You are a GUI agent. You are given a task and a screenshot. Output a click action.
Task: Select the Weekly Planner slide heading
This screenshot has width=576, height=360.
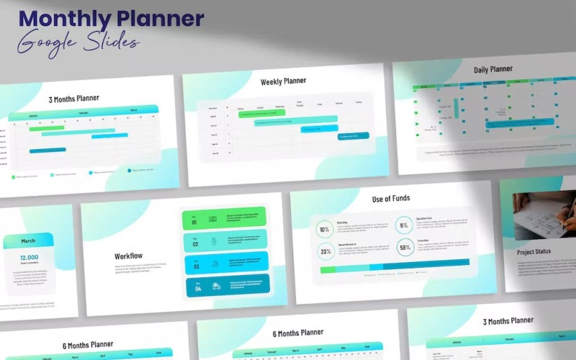click(283, 82)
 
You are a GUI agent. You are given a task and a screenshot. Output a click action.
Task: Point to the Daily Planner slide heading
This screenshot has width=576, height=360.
click(493, 70)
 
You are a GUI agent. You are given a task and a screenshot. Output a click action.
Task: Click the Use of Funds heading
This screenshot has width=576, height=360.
click(392, 199)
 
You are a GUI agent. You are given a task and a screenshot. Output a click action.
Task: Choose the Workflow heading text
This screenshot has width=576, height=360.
click(129, 256)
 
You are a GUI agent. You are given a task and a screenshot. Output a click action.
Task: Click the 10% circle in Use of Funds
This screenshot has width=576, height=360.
click(325, 230)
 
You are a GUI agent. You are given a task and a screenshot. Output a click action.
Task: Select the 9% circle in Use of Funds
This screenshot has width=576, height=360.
click(404, 225)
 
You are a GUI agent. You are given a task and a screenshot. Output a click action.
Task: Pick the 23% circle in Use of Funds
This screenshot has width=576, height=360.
click(325, 251)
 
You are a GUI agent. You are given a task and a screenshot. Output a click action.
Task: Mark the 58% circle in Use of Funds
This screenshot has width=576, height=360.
click(405, 247)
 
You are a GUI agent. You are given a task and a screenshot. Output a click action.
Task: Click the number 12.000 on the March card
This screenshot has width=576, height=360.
click(29, 257)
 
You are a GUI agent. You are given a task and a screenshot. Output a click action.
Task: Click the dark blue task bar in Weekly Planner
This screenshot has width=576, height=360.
click(353, 135)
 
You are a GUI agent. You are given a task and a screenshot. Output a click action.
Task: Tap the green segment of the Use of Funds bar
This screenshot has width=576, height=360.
click(328, 269)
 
